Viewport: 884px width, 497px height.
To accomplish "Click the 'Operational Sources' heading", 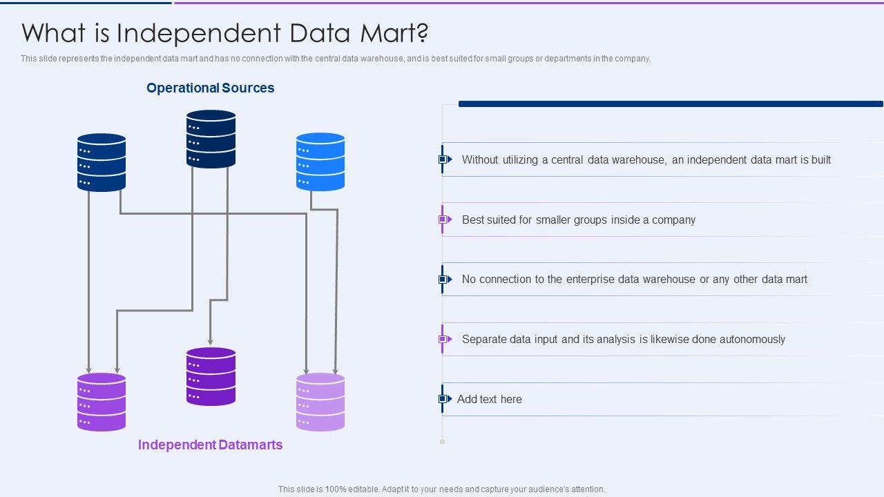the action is (x=211, y=88).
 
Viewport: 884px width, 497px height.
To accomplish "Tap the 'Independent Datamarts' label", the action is (x=211, y=445).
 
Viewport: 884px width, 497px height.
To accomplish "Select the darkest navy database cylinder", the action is (x=211, y=139).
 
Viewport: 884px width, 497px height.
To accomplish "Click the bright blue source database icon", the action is (x=320, y=162).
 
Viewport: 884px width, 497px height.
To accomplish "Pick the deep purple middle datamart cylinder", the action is (x=211, y=376).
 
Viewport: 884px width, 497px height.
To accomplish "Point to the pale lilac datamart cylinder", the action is (x=320, y=402).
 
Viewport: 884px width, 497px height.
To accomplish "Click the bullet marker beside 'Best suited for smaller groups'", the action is (x=445, y=220).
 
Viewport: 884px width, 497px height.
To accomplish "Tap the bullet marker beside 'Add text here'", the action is (x=445, y=399).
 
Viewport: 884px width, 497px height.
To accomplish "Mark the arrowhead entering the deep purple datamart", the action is (x=211, y=342).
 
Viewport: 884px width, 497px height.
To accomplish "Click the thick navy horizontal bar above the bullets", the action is (x=671, y=104).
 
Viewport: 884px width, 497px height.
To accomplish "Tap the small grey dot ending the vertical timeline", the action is (x=443, y=442).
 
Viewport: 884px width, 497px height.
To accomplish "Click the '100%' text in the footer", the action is (x=336, y=489).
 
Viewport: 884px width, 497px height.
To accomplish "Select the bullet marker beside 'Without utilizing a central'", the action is (x=445, y=159).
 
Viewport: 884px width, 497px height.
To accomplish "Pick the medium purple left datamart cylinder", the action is (x=102, y=402).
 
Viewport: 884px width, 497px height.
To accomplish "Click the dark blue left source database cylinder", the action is (x=102, y=162).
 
